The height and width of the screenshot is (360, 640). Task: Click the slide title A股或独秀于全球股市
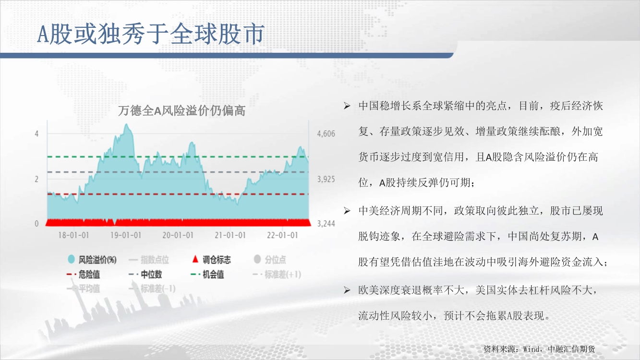coord(151,34)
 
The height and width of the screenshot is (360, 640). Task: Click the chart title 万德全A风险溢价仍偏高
coord(181,111)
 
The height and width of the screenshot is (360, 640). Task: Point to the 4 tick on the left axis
coord(36,133)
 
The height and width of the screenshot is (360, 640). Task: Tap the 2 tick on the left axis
coord(36,179)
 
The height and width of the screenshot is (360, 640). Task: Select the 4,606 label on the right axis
coord(326,134)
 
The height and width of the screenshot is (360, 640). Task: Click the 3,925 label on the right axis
coord(326,179)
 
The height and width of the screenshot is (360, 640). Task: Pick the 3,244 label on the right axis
coord(326,223)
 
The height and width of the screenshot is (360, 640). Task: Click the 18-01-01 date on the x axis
coord(74,235)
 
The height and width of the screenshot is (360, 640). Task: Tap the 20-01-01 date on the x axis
coord(178,235)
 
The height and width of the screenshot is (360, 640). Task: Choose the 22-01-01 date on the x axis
coord(282,235)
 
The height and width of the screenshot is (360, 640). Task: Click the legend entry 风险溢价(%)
coord(92,260)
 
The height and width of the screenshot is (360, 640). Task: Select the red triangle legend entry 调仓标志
coord(211,259)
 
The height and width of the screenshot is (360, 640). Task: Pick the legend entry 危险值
coord(83,275)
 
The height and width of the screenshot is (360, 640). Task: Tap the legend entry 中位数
coord(145,275)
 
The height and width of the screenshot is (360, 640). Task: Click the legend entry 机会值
coord(207,275)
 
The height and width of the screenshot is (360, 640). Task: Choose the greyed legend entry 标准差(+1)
coord(277,275)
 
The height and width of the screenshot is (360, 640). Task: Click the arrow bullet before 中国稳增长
coord(347,106)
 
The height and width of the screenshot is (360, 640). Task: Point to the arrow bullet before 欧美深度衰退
coord(347,290)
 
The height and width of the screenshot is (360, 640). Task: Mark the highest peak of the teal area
coord(127,124)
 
